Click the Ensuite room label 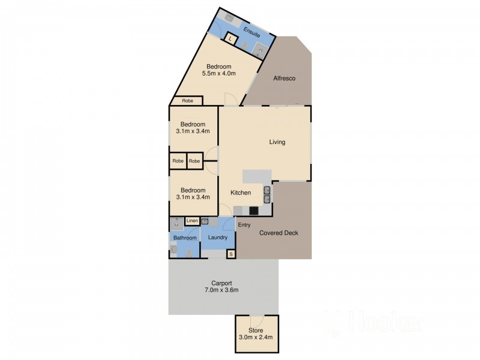click(x=251, y=32)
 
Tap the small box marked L click(x=230, y=39)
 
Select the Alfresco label click(x=284, y=79)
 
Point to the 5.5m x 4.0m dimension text click(x=219, y=73)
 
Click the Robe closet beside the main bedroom click(x=187, y=101)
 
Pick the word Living click(x=277, y=142)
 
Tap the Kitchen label click(x=241, y=193)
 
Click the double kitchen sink click(x=267, y=195)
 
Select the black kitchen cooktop click(x=254, y=211)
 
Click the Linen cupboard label click(x=192, y=221)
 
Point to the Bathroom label click(x=185, y=238)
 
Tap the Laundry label click(x=218, y=237)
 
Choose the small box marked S click(x=231, y=254)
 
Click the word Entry click(x=244, y=225)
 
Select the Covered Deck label click(x=278, y=233)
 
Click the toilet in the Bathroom click(x=188, y=253)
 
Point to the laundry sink click(x=205, y=221)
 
